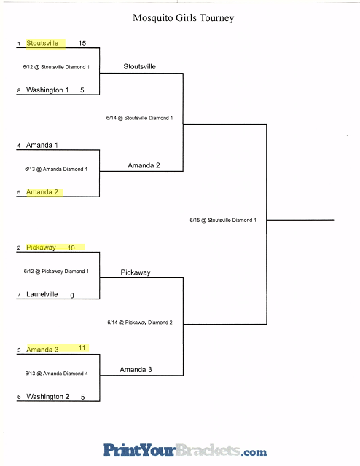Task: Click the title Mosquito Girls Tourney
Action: click(183, 18)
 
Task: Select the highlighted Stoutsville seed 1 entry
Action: click(42, 43)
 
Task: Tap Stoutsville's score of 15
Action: click(82, 43)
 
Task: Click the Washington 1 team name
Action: click(47, 90)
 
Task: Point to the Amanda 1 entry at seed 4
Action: click(42, 145)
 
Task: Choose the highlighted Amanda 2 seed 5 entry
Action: click(42, 192)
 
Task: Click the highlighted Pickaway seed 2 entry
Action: click(41, 248)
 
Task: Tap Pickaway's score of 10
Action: click(71, 248)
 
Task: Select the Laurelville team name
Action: click(42, 294)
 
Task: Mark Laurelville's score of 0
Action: click(72, 295)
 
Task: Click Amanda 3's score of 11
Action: click(82, 348)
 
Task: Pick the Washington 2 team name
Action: click(47, 396)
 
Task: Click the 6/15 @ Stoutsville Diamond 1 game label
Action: click(223, 220)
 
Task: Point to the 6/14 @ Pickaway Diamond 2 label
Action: click(140, 323)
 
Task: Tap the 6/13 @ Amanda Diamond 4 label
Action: click(57, 374)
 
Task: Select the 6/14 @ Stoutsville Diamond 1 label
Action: click(139, 118)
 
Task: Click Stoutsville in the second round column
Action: click(139, 66)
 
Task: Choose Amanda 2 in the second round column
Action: click(144, 165)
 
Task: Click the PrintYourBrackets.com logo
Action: click(185, 450)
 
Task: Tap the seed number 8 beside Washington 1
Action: click(19, 90)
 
